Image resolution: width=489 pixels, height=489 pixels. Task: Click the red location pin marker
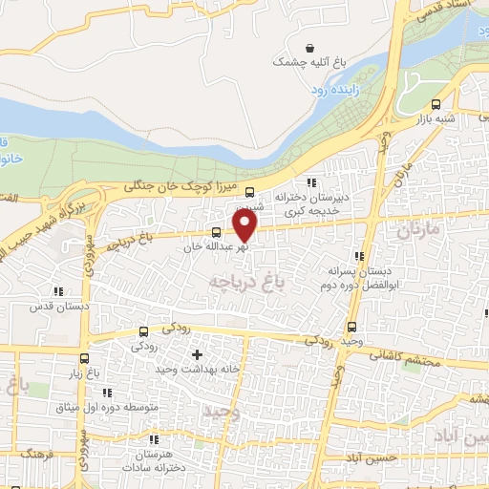(x=245, y=224)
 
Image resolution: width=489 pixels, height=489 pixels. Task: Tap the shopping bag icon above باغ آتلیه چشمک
(x=309, y=48)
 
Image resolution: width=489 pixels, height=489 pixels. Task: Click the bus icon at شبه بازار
(x=436, y=105)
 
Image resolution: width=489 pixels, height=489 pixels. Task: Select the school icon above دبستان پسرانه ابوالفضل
(x=359, y=256)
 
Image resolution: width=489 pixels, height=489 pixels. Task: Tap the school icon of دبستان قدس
(x=58, y=292)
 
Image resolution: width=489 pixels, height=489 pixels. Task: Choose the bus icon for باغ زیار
(x=85, y=360)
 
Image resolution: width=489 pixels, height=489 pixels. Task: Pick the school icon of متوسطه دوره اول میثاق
(x=107, y=393)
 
